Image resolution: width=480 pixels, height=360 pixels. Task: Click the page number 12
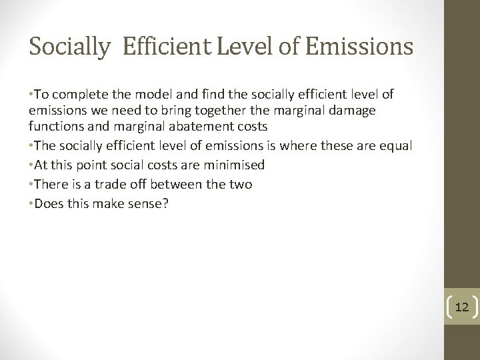pyautogui.click(x=461, y=307)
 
